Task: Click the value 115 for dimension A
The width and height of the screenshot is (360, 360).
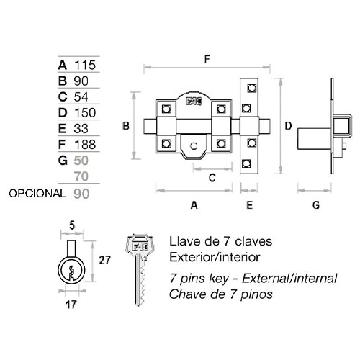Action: [x=85, y=65]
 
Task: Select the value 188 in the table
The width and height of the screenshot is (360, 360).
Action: [x=85, y=145]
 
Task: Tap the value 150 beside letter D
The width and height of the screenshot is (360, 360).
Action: [x=85, y=112]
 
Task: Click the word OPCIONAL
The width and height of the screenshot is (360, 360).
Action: [x=37, y=194]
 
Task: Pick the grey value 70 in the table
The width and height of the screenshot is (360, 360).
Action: [x=81, y=176]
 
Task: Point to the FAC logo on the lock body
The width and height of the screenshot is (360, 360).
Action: [x=194, y=102]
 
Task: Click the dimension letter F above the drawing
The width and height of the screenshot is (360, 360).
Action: [x=207, y=59]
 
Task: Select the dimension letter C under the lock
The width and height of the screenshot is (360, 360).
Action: [x=212, y=178]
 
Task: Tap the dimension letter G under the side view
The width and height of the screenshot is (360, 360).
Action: [x=316, y=205]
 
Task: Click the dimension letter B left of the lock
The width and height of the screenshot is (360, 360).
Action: [x=126, y=126]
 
